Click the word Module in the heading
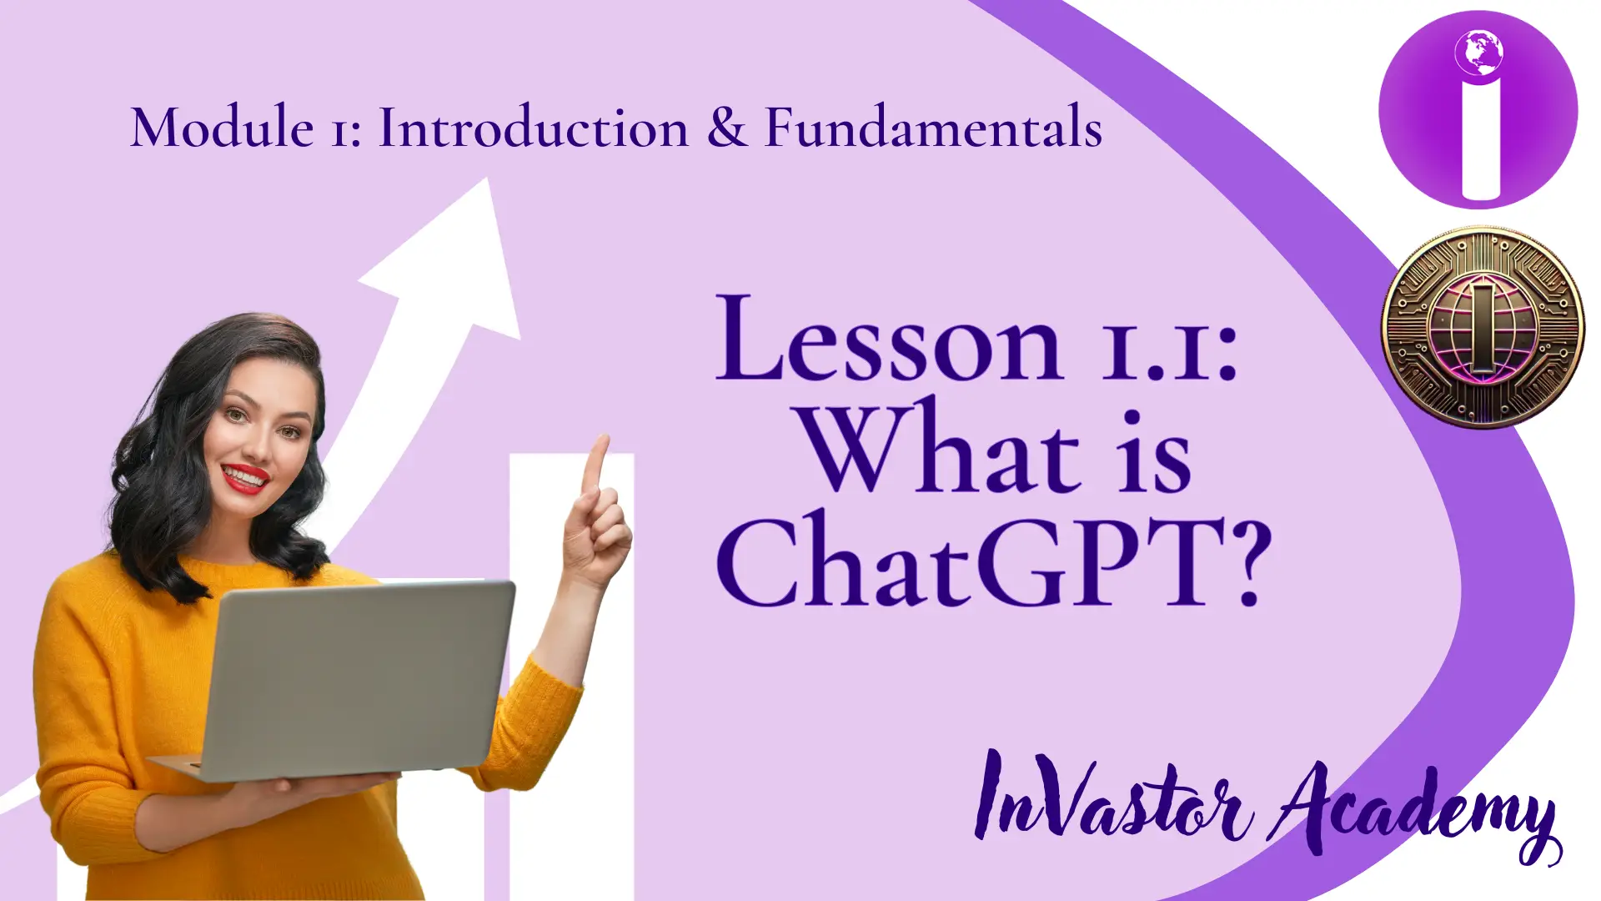coord(222,127)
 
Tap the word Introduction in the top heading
coord(534,127)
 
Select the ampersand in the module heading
coord(727,127)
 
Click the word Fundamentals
coord(934,127)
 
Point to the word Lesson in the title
coord(889,339)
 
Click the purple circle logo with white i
coord(1478,109)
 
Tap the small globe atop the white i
coord(1479,53)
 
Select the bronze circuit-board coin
coord(1483,327)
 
